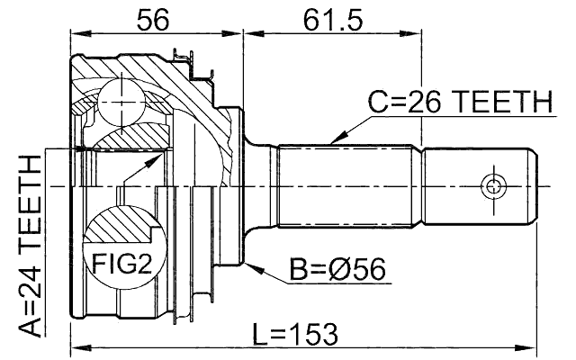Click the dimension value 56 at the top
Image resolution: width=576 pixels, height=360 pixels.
157,17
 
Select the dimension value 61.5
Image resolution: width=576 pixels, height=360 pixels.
331,17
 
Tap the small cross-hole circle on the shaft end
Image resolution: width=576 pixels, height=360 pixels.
493,187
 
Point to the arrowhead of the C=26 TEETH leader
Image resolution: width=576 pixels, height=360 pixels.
332,143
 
